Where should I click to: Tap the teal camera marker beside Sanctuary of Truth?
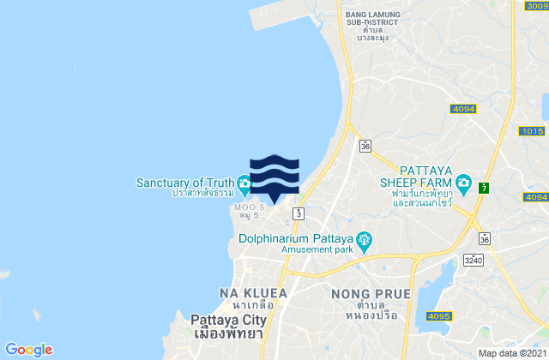[x=244, y=182]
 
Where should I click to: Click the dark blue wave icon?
[x=274, y=176]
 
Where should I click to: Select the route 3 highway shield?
[x=298, y=212]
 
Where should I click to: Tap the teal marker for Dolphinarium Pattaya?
[x=365, y=239]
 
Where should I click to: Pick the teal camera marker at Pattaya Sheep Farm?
[x=463, y=182]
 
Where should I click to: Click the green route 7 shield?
[x=485, y=187]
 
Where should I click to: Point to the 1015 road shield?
[x=532, y=131]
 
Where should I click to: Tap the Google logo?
[x=28, y=349]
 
